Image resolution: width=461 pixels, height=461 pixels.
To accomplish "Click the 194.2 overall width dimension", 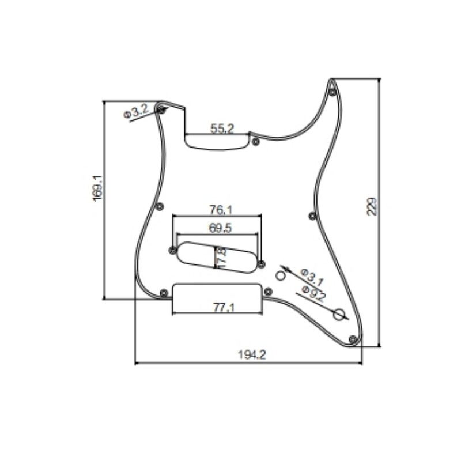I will coord(252,356).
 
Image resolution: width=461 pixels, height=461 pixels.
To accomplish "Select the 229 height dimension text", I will coord(372,206).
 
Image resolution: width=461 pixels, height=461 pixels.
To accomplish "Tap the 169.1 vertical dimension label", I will coord(97,188).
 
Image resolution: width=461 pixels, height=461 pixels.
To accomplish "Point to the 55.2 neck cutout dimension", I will coord(222,129).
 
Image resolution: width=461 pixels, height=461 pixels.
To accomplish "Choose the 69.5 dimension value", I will coord(220,228).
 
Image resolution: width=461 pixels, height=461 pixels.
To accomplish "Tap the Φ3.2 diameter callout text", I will coord(136,111).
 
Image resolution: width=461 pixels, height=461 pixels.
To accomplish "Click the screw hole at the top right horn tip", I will coord(332,92).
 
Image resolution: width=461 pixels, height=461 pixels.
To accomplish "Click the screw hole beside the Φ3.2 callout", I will coord(162,109).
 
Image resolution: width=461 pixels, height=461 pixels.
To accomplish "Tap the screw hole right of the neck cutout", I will coord(255,141).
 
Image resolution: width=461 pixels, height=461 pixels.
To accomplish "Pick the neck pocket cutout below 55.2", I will coord(217,142).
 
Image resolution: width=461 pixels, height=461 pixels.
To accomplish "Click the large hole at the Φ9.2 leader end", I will coord(340,314).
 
